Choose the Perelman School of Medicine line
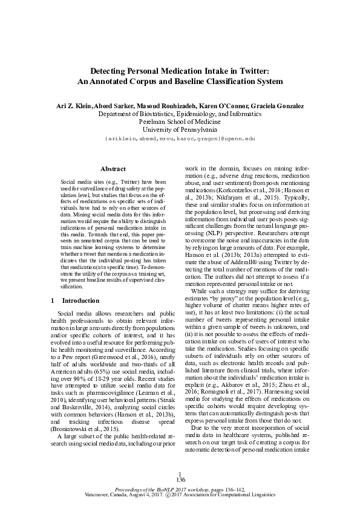[180, 121]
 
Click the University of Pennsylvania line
[180, 129]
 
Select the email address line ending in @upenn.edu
[180, 138]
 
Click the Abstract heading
[113, 169]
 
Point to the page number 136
[180, 479]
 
